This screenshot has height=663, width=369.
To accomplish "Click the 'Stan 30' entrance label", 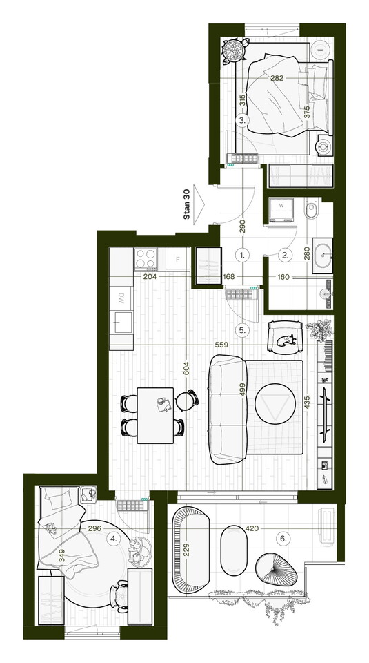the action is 187,204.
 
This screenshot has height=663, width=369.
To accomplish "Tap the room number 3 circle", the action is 242,120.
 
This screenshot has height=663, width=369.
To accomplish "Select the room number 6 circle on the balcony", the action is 283,539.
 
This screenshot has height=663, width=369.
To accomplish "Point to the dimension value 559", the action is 221,345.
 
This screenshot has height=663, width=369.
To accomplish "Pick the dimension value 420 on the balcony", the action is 252,528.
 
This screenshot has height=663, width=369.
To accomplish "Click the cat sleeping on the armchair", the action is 287,340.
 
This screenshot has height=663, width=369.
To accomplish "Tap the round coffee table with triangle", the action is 275,403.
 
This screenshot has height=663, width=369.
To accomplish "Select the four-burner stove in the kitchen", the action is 146,259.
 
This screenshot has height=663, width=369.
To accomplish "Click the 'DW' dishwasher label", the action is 121,296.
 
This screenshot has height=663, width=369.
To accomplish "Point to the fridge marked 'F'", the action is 178,259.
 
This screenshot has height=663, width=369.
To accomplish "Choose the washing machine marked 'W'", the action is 281,209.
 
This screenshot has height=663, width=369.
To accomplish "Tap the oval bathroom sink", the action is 322,256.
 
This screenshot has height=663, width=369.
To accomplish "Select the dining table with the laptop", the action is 156,415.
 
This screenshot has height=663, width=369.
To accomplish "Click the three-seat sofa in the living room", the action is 228,410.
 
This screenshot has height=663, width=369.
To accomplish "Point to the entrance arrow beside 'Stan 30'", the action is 199,204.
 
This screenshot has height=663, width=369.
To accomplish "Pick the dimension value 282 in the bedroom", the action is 277,78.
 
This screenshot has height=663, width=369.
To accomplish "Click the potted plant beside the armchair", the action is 319,329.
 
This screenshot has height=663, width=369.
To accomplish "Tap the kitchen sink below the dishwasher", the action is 121,323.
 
